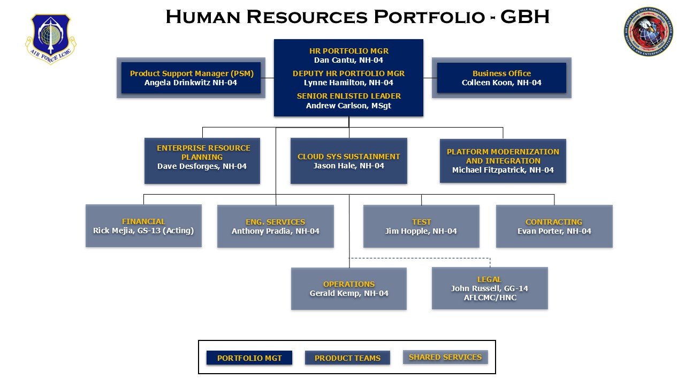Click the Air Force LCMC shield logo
click(51, 39)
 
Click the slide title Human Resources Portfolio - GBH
click(357, 17)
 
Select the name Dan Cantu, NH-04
click(348, 60)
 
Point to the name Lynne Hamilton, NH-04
click(348, 83)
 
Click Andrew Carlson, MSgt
click(348, 106)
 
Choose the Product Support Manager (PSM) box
click(191, 78)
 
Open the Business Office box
click(501, 78)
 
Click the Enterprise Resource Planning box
click(202, 161)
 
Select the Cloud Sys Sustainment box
click(348, 161)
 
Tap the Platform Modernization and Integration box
click(503, 161)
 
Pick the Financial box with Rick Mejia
click(143, 226)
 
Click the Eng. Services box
click(275, 226)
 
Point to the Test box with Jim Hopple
click(421, 226)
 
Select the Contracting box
click(554, 226)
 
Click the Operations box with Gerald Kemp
click(348, 288)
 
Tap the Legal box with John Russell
click(489, 288)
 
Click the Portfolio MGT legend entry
click(249, 358)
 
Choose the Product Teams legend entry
click(347, 358)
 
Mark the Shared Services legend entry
click(445, 357)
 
